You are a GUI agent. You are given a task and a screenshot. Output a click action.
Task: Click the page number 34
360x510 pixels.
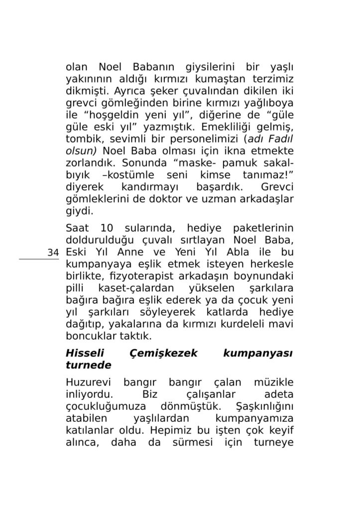point(53,253)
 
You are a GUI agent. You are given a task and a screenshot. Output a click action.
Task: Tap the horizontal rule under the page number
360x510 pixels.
point(39,259)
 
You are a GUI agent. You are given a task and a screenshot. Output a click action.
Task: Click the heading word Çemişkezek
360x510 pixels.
point(163,354)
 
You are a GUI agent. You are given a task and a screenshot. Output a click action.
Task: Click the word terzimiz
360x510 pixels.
point(272,80)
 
